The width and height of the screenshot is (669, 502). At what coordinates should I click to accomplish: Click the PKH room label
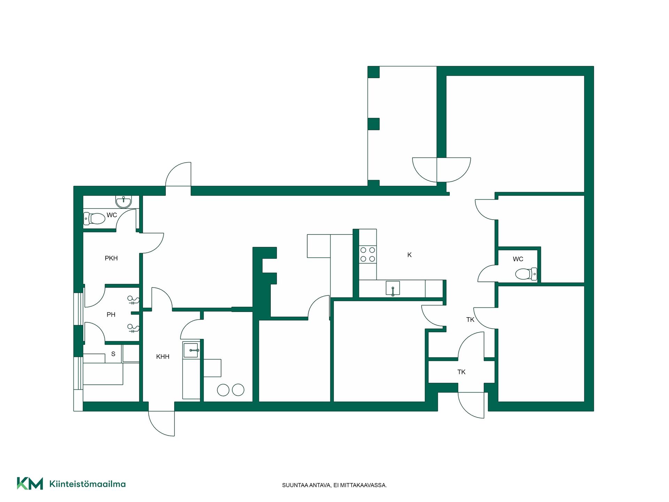click(x=111, y=258)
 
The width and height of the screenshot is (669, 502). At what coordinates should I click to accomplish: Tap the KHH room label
click(x=163, y=357)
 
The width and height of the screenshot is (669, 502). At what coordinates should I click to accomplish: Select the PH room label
click(x=111, y=315)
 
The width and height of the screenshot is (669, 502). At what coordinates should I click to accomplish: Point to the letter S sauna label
click(x=113, y=354)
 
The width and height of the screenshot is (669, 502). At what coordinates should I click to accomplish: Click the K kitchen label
click(x=409, y=255)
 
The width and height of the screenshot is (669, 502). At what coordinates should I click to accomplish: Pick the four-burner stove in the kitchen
click(x=368, y=254)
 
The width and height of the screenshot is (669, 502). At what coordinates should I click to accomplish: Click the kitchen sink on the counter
click(x=393, y=288)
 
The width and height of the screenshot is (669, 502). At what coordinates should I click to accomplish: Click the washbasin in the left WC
click(x=124, y=201)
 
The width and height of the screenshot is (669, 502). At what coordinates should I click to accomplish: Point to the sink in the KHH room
click(x=191, y=350)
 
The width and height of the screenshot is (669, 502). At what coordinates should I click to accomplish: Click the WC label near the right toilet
click(x=518, y=259)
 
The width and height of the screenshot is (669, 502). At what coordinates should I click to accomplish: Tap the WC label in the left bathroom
click(x=112, y=215)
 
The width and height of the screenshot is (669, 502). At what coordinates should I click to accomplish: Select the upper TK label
click(x=470, y=320)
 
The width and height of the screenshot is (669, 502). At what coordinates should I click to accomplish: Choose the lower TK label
click(x=461, y=372)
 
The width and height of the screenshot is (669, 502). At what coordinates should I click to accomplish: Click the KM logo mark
click(x=30, y=484)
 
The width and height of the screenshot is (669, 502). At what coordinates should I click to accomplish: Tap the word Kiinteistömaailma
click(x=87, y=484)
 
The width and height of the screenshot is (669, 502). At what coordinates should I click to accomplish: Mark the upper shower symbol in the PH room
click(x=133, y=300)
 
